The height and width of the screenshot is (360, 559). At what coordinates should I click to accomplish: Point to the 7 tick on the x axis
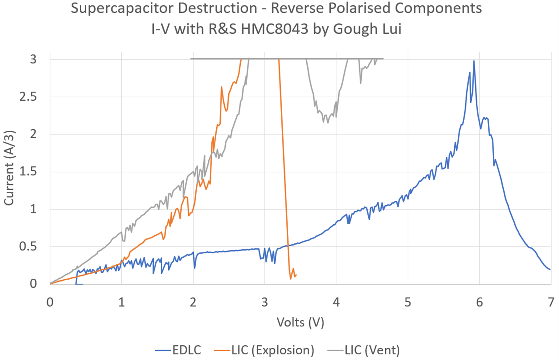pos(551,302)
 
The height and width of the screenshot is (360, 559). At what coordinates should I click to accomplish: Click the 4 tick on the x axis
pos(336,302)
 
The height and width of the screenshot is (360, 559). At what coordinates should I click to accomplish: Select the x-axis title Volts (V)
pos(300,322)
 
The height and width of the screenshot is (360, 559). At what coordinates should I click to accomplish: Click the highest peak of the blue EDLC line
pos(474,61)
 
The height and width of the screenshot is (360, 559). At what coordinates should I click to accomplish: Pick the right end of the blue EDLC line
pos(550,269)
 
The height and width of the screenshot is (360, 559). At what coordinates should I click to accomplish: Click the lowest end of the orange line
pos(291,279)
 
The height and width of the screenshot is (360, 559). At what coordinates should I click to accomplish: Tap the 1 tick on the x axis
pos(121,302)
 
